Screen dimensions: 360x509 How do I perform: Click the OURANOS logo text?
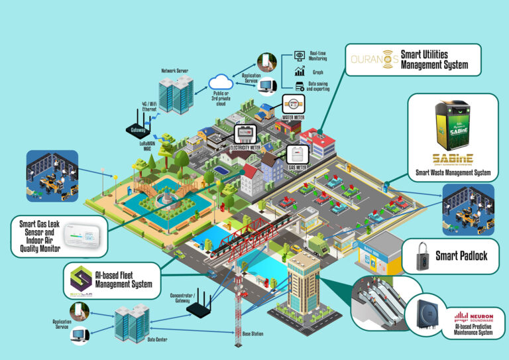pyautogui.click(x=374, y=58)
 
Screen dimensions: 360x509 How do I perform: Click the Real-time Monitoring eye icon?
pyautogui.click(x=299, y=55)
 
